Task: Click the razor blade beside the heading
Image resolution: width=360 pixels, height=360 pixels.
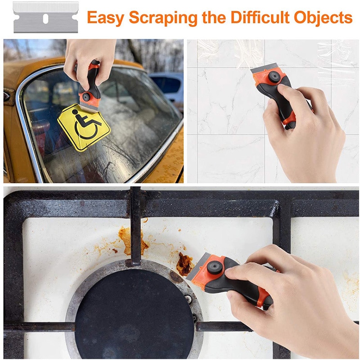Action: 45,18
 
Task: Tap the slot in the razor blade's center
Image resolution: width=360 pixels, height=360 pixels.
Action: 45,18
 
